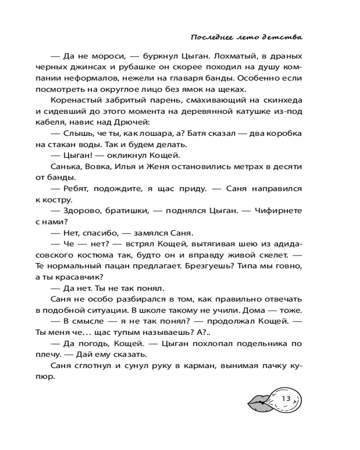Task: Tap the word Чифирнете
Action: [280, 210]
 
